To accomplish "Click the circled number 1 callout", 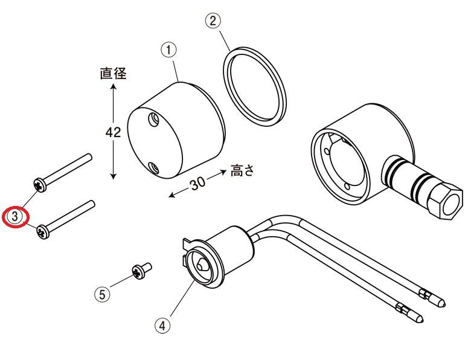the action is [x=169, y=50].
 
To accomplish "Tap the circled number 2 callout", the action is [x=213, y=21].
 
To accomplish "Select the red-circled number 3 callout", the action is [x=15, y=216].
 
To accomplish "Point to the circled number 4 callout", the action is [x=162, y=326].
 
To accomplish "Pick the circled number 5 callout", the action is [x=103, y=295].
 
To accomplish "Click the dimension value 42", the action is [x=114, y=132].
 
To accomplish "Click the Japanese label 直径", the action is [x=114, y=73].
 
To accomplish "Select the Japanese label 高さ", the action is [x=242, y=171].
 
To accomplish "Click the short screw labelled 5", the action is [x=141, y=271].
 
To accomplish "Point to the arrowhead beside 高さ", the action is [x=223, y=172].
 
